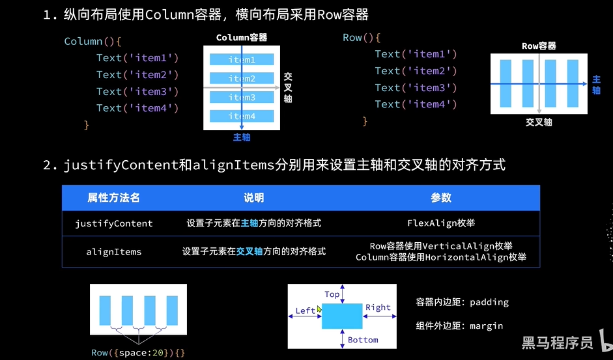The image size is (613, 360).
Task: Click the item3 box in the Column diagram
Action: click(242, 98)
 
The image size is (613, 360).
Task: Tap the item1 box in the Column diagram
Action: click(242, 60)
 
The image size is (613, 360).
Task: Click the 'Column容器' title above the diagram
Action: click(242, 38)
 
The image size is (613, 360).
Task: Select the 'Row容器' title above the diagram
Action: click(539, 46)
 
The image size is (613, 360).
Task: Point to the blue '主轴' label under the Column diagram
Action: click(242, 137)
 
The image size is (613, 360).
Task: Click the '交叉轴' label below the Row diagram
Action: click(539, 122)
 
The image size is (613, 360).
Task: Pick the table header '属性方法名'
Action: click(114, 198)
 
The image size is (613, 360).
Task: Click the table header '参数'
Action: click(441, 198)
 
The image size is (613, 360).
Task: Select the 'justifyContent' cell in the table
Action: click(114, 223)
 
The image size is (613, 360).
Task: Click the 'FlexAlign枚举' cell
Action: click(441, 223)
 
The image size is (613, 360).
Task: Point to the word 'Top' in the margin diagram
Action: click(332, 294)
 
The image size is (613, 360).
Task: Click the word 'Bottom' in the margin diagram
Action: click(363, 340)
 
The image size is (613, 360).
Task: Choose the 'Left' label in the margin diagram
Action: click(306, 311)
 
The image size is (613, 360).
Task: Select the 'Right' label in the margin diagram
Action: click(378, 307)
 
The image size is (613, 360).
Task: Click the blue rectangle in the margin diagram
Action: click(342, 316)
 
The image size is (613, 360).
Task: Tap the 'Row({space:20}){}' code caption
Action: click(138, 353)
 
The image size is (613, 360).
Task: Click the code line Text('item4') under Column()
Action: click(137, 108)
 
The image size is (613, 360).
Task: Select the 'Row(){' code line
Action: click(362, 38)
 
